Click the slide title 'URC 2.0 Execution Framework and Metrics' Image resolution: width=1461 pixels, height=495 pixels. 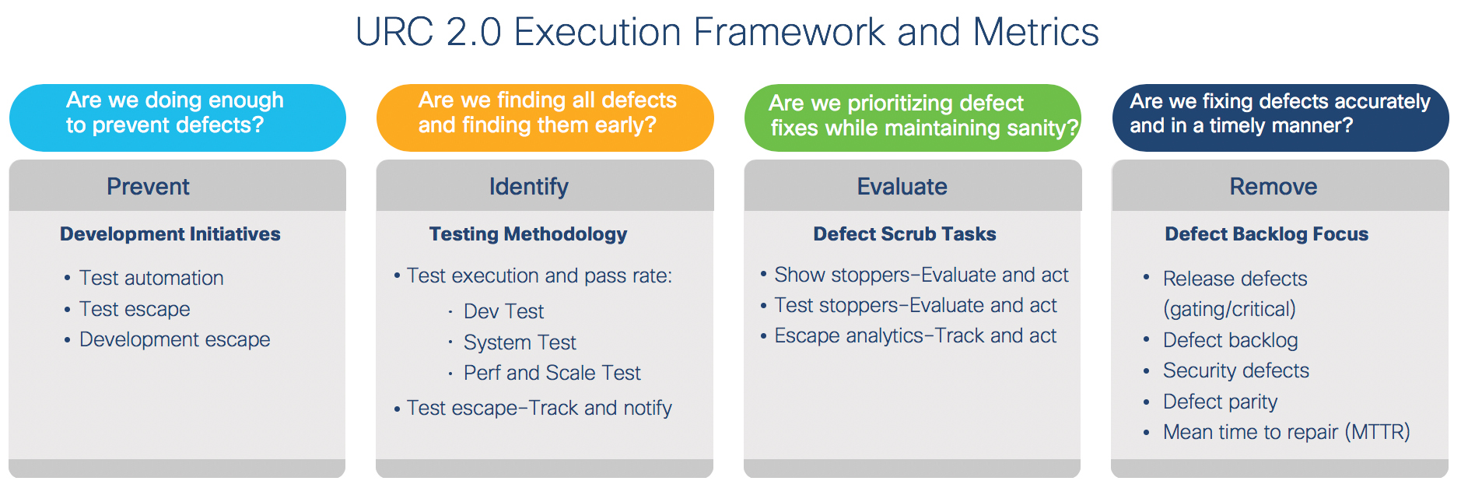(x=727, y=33)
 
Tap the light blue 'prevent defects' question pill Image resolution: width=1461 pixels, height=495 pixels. (x=177, y=118)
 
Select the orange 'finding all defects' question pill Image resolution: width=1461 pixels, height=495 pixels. (x=545, y=118)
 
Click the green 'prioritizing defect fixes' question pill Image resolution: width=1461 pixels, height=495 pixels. (x=913, y=118)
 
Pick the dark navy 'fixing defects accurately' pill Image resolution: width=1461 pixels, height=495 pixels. (x=1281, y=118)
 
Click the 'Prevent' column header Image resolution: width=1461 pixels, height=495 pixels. (x=148, y=187)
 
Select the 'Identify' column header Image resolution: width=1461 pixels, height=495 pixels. (x=529, y=187)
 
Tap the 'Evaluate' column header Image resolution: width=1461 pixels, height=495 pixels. (x=902, y=187)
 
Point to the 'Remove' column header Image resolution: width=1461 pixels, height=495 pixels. (x=1274, y=187)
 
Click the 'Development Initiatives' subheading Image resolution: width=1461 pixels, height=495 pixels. (x=170, y=234)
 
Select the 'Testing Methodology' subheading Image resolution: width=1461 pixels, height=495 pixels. (x=528, y=234)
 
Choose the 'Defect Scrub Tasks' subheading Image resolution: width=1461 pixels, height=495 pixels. (x=905, y=234)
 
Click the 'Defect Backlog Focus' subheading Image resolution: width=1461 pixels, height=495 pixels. (x=1267, y=234)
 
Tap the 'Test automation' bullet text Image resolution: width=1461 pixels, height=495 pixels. (x=152, y=278)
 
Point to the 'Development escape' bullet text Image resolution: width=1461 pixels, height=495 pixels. (x=175, y=339)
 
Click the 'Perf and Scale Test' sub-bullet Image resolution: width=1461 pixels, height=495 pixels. (x=552, y=373)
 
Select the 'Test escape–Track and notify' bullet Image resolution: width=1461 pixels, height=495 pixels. (x=539, y=408)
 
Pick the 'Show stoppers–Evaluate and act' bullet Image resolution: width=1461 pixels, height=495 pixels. (x=921, y=275)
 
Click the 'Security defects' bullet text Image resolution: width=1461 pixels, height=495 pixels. (x=1236, y=370)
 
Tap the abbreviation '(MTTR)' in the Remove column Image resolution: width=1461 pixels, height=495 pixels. (x=1377, y=432)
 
